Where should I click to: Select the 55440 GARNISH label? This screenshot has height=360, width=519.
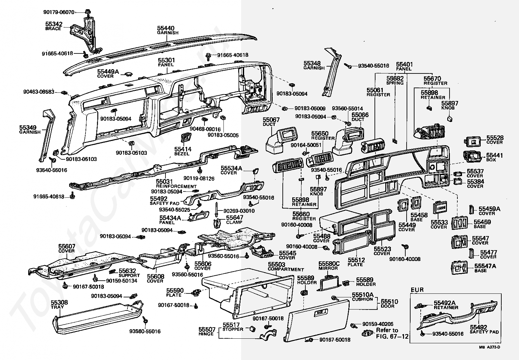point(168,30)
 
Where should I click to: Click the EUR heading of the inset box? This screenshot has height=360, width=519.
point(417,290)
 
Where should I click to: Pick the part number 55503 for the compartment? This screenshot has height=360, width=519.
point(277,264)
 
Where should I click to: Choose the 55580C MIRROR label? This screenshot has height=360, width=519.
point(329,266)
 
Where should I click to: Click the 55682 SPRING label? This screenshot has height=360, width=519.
point(395,80)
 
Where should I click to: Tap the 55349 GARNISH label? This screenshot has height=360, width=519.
point(30,130)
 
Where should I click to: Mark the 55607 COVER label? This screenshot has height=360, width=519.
point(67,248)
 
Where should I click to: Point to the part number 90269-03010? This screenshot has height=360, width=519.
point(239,211)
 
